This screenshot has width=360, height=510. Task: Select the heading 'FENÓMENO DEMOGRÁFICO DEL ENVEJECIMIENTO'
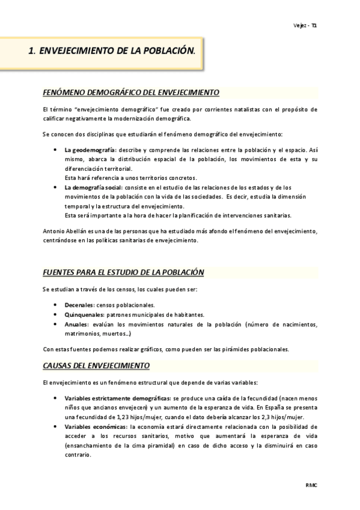pos(132,93)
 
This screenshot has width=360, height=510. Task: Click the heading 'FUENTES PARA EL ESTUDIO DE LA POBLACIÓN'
pos(124,272)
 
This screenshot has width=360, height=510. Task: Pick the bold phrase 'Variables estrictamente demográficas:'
pos(117,398)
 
